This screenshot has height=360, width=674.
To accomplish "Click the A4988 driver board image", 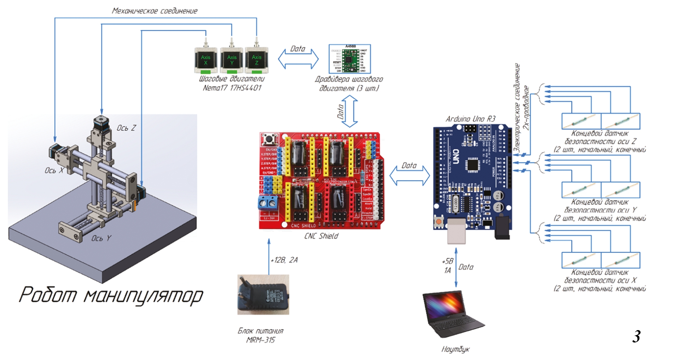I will click(350, 59).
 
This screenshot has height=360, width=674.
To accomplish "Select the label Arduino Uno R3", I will click(470, 119).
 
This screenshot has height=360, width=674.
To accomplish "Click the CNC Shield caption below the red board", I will click(321, 236).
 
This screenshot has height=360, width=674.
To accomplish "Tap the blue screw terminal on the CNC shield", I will click(268, 202).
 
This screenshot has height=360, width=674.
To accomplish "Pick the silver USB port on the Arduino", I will click(456, 231).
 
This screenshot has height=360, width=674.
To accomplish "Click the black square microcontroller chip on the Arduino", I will click(472, 164).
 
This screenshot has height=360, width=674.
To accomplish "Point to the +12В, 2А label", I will click(284, 260).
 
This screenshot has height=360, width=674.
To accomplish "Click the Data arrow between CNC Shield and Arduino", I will click(409, 176).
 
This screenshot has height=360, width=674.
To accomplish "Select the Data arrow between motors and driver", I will click(298, 59).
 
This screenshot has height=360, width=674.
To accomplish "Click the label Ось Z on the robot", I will click(126, 128).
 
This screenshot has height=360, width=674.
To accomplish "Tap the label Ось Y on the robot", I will click(101, 238).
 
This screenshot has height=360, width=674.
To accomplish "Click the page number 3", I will click(636, 336).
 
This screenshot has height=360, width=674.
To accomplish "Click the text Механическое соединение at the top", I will click(155, 11).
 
